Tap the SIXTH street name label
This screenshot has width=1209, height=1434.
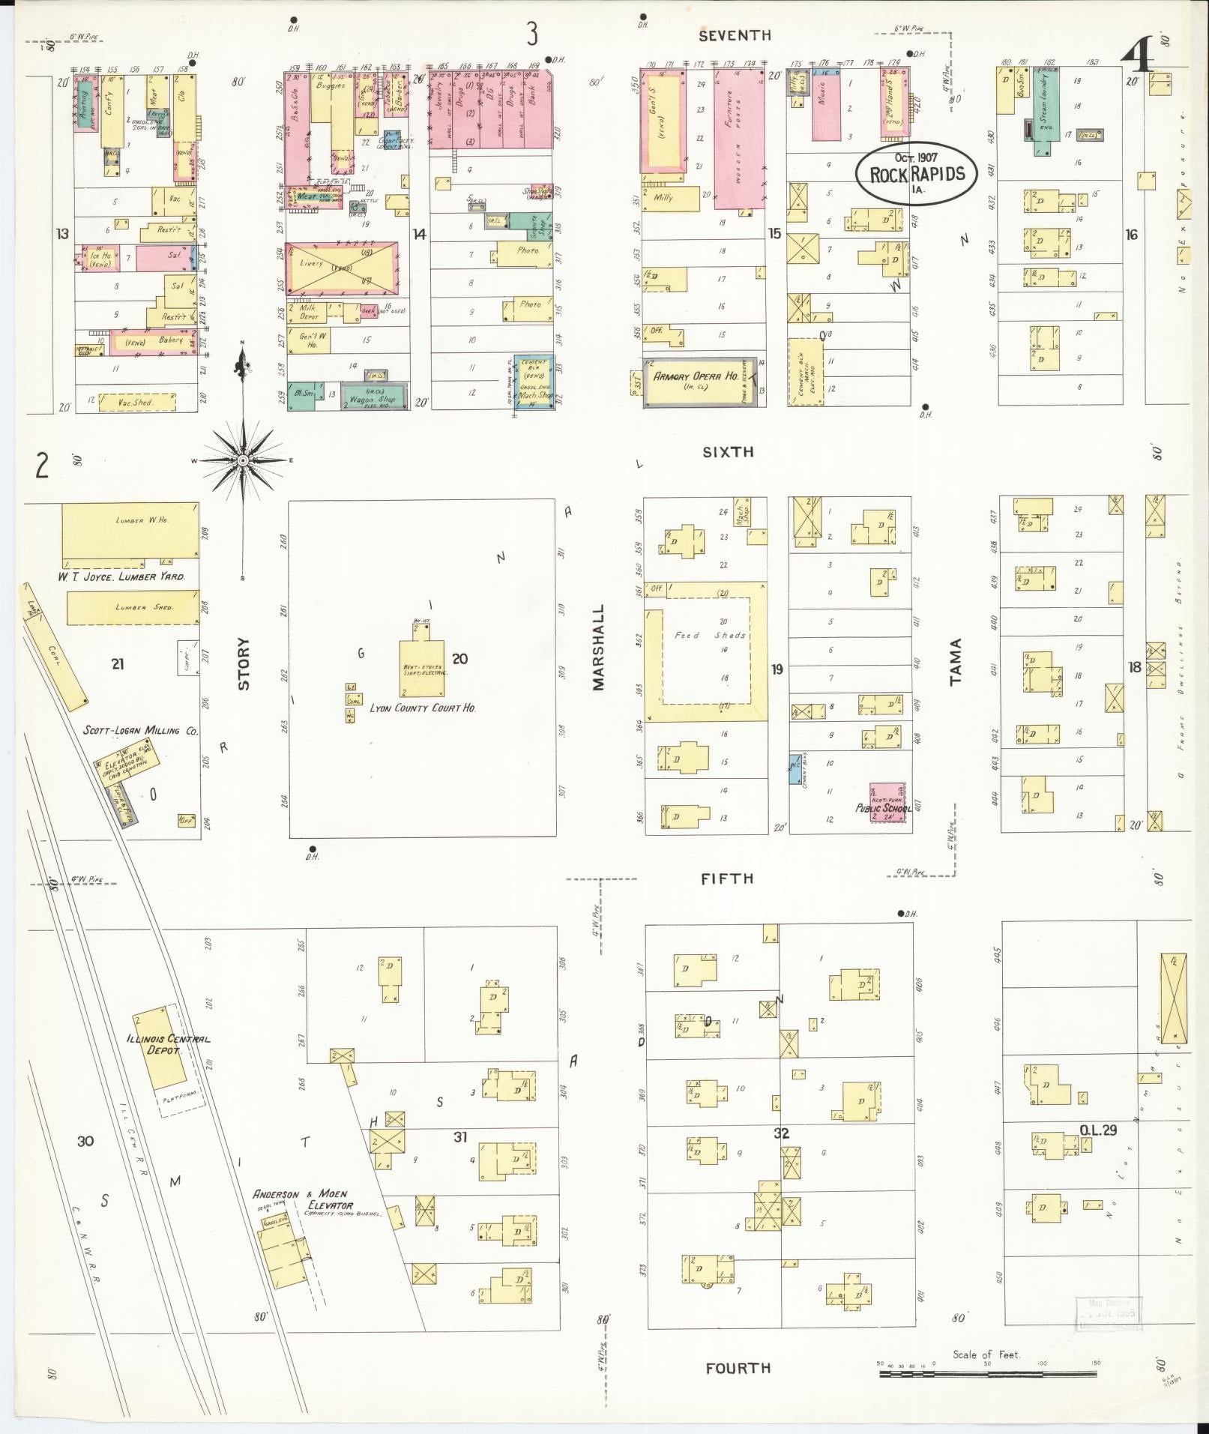tap(728, 452)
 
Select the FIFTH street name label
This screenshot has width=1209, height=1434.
tap(727, 879)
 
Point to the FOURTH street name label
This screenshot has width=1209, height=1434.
tap(738, 1368)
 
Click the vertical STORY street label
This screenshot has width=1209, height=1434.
tap(244, 663)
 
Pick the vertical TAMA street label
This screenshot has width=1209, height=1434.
tap(955, 662)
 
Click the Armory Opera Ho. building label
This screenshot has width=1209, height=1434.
tap(696, 376)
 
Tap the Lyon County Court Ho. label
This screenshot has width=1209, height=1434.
tap(423, 707)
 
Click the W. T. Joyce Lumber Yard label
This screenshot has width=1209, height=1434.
tap(122, 576)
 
